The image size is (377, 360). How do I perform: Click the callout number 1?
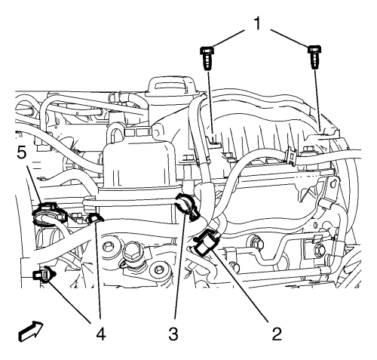(x=257, y=24)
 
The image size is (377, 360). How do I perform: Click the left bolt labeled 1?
(x=206, y=57)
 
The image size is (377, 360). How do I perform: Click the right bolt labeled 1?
(x=314, y=57)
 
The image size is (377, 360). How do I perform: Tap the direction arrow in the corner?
(x=31, y=331)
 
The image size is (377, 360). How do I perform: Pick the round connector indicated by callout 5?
(x=49, y=214)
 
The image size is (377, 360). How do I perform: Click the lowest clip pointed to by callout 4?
(x=44, y=275)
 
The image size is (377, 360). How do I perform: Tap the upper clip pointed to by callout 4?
(x=94, y=218)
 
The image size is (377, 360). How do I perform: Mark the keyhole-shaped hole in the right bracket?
(x=333, y=184)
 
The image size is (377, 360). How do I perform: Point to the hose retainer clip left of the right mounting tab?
(x=291, y=154)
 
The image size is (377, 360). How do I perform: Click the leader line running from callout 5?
(x=35, y=184)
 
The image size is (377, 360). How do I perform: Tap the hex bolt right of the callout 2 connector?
(x=256, y=242)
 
